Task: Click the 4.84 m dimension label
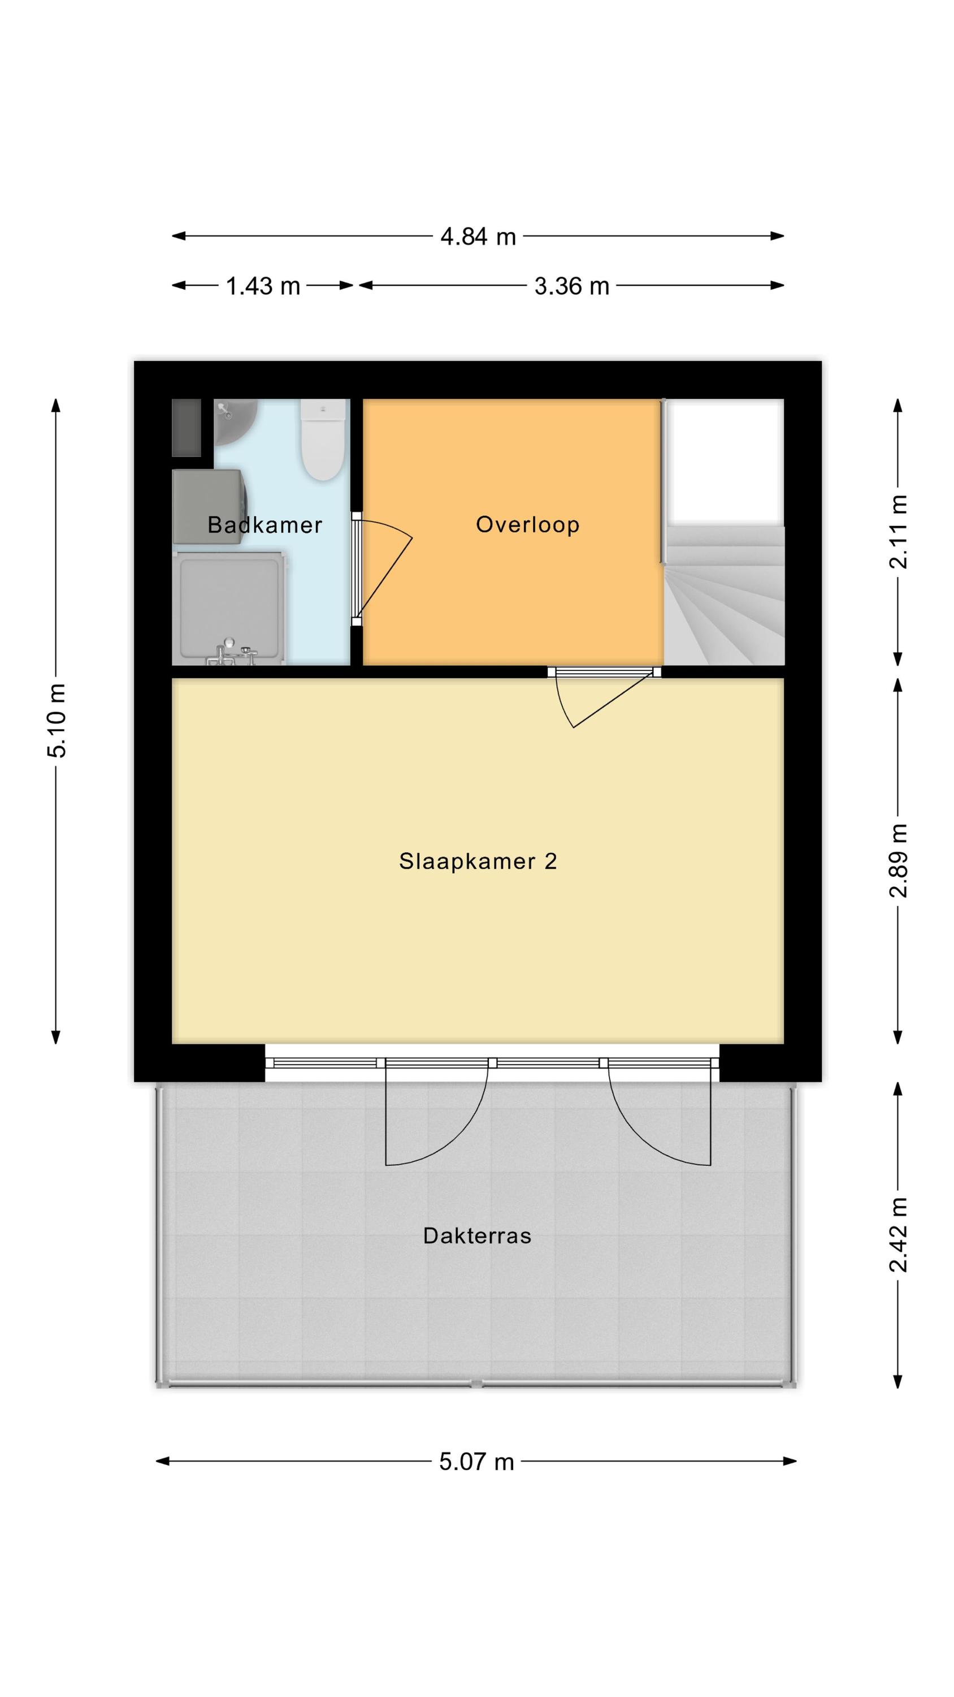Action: (478, 236)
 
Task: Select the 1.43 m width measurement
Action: (263, 286)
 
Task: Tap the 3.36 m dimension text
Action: (571, 286)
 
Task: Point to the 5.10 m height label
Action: (57, 721)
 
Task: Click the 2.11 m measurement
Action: (899, 532)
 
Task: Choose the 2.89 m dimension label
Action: (899, 860)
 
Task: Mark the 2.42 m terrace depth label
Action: (899, 1234)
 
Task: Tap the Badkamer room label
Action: (264, 525)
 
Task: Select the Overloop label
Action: (527, 524)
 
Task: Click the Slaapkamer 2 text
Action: (478, 861)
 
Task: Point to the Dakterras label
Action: (478, 1235)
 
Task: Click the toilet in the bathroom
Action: (323, 440)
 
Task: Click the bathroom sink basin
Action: (235, 421)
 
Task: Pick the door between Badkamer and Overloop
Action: (382, 568)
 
